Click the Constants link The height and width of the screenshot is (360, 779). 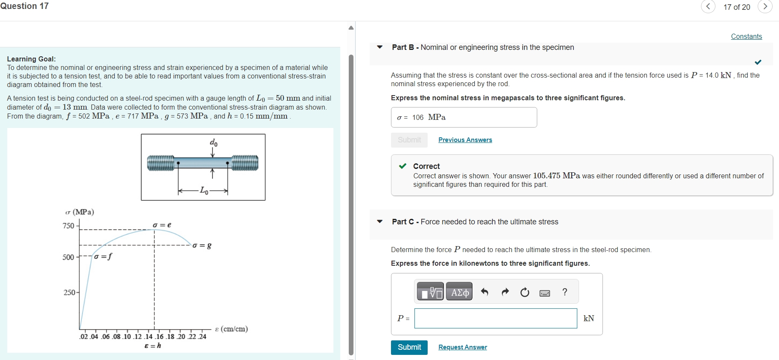tap(746, 37)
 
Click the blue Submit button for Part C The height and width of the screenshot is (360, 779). tap(409, 347)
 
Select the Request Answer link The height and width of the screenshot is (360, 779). tap(463, 347)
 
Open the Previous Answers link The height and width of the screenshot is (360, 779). tap(465, 140)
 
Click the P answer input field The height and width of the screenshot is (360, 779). tap(495, 319)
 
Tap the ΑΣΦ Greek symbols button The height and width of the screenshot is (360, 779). tap(459, 292)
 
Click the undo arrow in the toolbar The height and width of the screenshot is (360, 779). tap(484, 292)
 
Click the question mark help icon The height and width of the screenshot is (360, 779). tap(565, 292)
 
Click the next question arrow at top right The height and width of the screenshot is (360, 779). tap(765, 6)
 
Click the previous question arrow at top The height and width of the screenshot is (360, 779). tap(708, 6)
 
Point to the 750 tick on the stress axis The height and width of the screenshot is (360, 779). tap(69, 226)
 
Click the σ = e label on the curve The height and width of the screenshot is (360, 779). tap(162, 225)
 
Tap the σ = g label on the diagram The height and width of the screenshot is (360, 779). tap(202, 246)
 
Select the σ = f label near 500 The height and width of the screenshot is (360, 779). tap(103, 256)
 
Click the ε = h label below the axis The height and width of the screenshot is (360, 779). tap(153, 345)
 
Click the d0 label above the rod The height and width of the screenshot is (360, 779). tap(214, 142)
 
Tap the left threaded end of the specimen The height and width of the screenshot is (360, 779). tap(160, 163)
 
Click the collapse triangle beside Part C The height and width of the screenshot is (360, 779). tap(379, 222)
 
